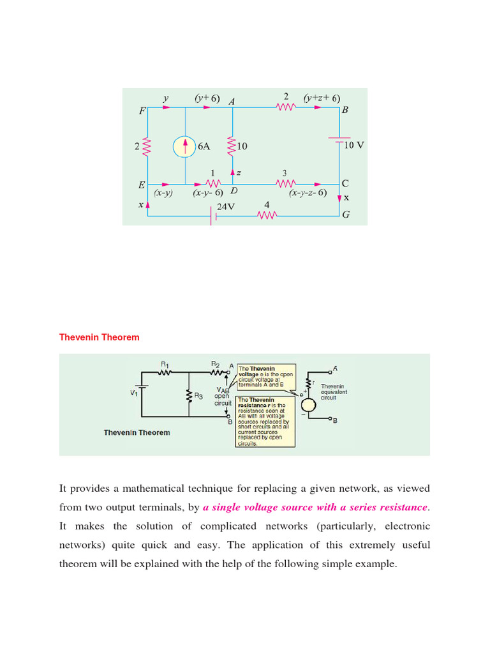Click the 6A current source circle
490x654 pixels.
click(x=185, y=147)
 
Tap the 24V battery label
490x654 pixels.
click(x=226, y=207)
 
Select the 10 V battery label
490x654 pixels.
click(x=354, y=145)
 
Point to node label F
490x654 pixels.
click(x=142, y=110)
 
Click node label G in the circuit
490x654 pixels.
click(x=346, y=215)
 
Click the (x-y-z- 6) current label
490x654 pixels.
click(x=308, y=192)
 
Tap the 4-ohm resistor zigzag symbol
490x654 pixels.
click(x=267, y=215)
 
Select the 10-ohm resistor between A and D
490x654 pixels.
click(x=233, y=146)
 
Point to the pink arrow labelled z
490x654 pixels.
click(x=233, y=173)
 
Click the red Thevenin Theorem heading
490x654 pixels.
click(x=99, y=337)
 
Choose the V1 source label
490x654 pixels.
click(x=133, y=393)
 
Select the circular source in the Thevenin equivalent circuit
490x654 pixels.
click(x=308, y=404)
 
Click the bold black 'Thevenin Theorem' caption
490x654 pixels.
click(x=137, y=432)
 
